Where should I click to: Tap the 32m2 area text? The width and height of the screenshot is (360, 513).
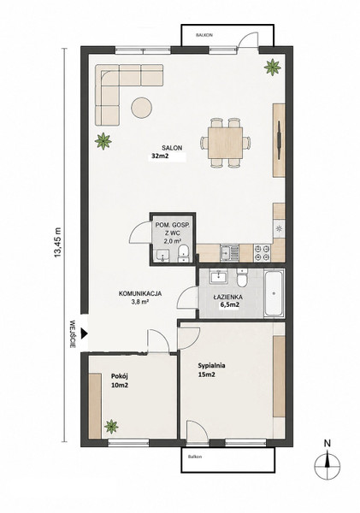coord(158,156)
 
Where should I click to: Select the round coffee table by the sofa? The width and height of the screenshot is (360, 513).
coord(142,108)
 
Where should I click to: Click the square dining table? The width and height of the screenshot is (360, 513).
coord(225,143)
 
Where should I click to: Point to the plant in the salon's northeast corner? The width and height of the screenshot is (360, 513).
coord(272,67)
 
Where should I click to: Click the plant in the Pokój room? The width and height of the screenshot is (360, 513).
coord(111,427)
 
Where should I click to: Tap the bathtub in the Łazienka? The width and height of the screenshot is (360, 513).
coord(274,293)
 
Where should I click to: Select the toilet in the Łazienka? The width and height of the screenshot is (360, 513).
coord(242,278)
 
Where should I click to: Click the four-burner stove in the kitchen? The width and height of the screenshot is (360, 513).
coord(263,253)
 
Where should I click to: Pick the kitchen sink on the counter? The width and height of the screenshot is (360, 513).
coord(229,253)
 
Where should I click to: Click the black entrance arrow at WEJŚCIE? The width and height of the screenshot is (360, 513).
coord(85,333)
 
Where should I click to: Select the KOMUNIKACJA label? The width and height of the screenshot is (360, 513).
coord(140,293)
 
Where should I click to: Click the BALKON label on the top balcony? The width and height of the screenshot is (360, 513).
coord(204,35)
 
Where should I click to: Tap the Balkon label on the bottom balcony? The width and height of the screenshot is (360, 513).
coord(195,457)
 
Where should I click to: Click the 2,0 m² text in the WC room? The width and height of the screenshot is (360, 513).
coord(173,241)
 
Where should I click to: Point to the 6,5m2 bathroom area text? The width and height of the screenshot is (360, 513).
coord(229,305)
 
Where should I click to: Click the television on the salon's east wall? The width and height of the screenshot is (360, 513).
coord(279,141)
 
